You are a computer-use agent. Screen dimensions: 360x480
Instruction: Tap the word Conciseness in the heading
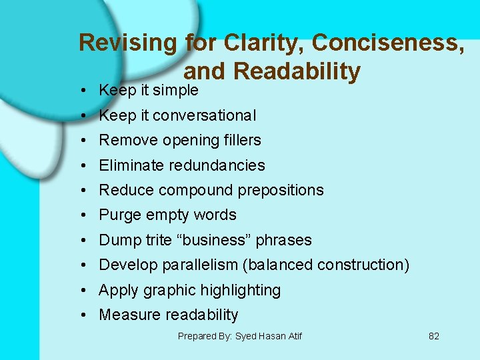388,43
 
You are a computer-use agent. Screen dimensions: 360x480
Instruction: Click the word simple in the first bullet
176,90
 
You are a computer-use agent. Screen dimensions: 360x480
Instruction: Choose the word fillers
239,140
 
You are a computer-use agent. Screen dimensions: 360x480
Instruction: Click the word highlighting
241,290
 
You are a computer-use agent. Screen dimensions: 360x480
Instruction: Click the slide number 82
433,336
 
